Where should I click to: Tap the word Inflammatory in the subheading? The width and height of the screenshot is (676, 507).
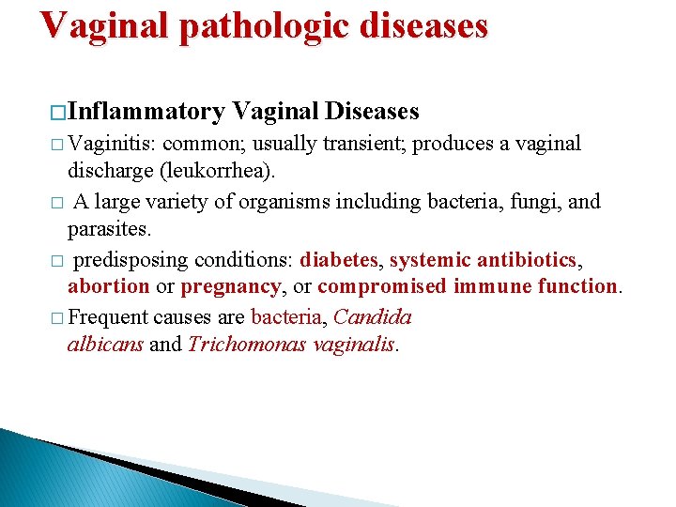click(146, 112)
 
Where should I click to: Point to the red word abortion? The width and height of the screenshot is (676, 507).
click(108, 286)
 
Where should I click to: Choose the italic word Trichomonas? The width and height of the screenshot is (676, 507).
click(235, 344)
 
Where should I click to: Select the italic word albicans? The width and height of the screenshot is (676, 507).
click(105, 344)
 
